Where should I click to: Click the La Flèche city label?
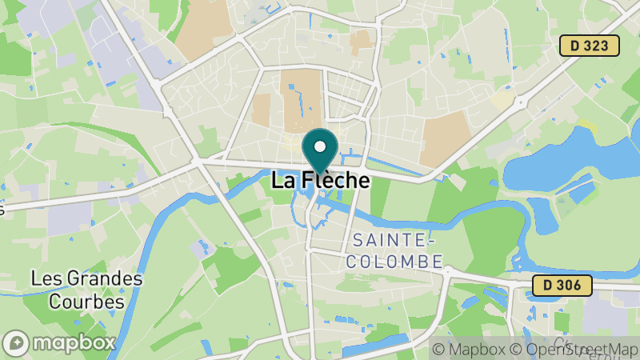tap(320, 181)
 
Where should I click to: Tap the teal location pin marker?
tap(320, 151)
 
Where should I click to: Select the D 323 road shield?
tap(590, 46)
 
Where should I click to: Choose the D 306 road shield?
tap(562, 285)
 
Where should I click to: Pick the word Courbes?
tap(86, 302)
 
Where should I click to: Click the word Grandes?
tap(102, 280)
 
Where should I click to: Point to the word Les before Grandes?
tap(44, 280)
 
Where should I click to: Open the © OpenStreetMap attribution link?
tap(574, 349)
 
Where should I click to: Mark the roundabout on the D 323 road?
tap(521, 102)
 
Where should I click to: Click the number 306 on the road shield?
tap(570, 285)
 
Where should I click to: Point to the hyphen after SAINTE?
tap(430, 240)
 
